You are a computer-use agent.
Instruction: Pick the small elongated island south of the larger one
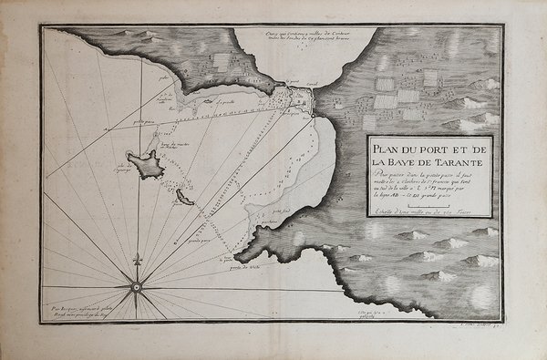184,197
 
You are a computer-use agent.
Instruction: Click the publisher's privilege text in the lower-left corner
79,313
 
